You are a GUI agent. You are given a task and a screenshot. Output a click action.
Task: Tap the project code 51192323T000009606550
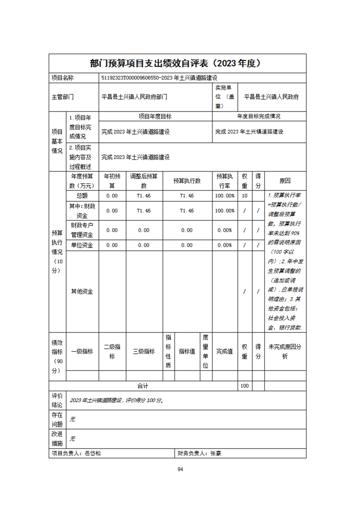(132, 78)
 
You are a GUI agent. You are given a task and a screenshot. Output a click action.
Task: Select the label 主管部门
(63, 97)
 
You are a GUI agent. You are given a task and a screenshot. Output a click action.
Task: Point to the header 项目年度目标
(155, 117)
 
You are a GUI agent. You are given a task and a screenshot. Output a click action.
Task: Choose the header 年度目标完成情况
(259, 117)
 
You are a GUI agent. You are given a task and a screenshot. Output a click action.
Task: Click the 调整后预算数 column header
(144, 181)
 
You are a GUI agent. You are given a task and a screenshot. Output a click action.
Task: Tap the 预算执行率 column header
(225, 181)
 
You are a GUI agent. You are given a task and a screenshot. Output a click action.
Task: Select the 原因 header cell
(285, 181)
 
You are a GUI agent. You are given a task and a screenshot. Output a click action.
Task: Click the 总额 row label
(82, 196)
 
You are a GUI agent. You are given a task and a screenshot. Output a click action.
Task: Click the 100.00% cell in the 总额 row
(225, 196)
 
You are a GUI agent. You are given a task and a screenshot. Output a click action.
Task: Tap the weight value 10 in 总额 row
(245, 196)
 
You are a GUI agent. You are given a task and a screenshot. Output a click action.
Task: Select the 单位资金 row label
(82, 245)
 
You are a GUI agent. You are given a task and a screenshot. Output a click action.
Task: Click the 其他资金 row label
(82, 291)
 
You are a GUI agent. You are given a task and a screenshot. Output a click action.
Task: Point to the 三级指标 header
(144, 351)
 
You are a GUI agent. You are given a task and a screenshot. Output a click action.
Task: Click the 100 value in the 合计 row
(245, 386)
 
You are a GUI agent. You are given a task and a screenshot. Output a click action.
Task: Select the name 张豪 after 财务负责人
(216, 453)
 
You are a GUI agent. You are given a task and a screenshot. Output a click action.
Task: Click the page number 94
(180, 469)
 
